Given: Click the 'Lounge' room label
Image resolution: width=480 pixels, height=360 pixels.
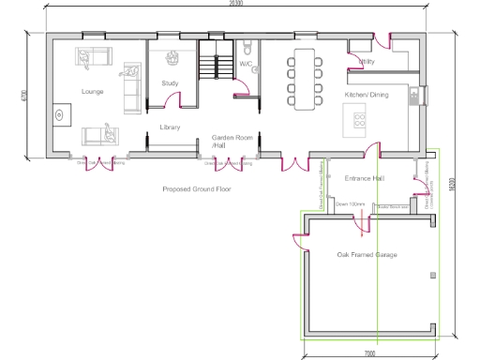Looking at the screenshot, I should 93,92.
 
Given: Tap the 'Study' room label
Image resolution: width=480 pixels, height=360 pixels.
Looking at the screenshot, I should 170,83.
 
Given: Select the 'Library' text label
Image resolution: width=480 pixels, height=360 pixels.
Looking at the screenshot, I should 170,127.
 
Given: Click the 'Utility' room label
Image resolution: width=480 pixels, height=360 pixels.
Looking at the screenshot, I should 367,61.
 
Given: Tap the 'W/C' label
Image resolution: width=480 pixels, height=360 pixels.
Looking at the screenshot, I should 246,64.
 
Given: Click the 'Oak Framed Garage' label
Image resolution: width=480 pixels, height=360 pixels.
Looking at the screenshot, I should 367,254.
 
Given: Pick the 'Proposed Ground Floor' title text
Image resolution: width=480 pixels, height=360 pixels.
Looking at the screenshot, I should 196,188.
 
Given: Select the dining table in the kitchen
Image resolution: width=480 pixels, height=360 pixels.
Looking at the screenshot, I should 304,77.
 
